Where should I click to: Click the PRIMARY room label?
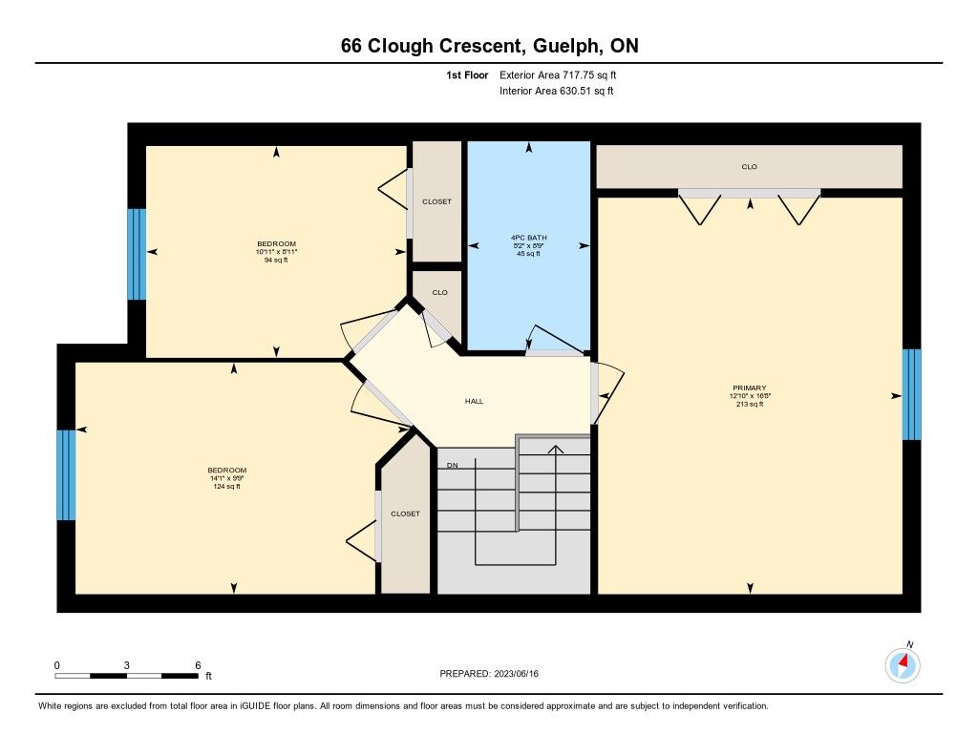[x=749, y=388]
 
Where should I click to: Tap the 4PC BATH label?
[x=528, y=238]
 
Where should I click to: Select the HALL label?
[x=474, y=401]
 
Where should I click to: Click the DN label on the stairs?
[x=452, y=465]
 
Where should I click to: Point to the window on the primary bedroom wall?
[x=911, y=394]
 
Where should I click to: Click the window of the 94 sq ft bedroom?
[x=137, y=254]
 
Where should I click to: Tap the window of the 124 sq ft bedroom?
[x=66, y=474]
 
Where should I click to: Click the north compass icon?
[x=903, y=664]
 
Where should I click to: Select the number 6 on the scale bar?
[x=198, y=665]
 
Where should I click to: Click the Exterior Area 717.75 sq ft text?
[x=558, y=74]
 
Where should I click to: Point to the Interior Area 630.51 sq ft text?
[x=557, y=91]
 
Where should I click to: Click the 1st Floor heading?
[x=467, y=74]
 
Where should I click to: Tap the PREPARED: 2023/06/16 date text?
[x=489, y=673]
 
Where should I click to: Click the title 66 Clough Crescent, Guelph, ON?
[x=490, y=46]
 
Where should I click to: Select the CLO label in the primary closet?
[x=749, y=166]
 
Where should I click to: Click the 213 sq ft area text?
[x=749, y=404]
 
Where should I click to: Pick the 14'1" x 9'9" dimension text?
[x=227, y=478]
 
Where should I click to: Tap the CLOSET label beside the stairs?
[x=405, y=514]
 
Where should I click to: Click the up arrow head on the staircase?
[x=555, y=449]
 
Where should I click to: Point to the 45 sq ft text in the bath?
[x=528, y=254]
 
